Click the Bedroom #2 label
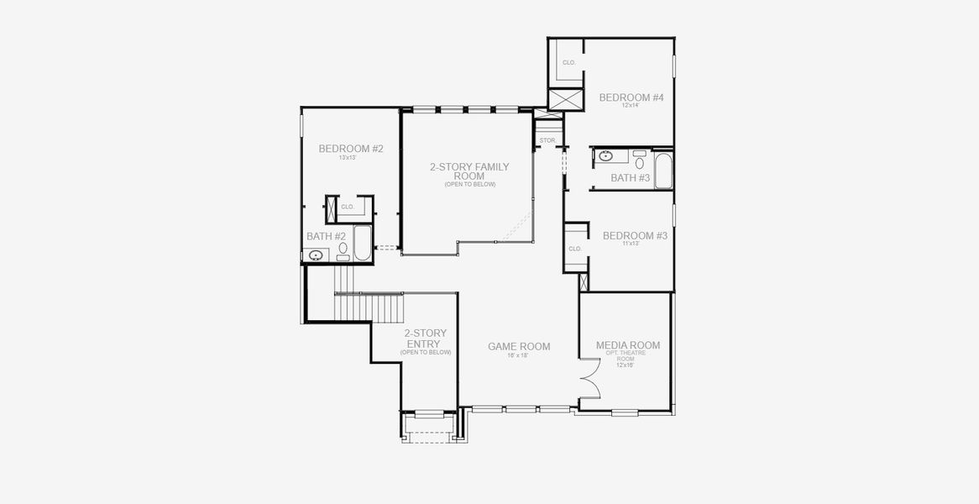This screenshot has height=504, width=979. (351, 149)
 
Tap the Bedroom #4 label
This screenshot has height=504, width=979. (631, 97)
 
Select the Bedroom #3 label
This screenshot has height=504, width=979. (635, 236)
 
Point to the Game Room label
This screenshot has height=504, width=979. (519, 346)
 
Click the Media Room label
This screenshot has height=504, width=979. (627, 345)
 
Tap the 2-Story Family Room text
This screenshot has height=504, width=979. (469, 171)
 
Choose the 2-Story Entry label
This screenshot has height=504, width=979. (426, 339)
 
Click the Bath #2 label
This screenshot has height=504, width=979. (326, 236)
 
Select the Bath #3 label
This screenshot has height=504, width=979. (630, 178)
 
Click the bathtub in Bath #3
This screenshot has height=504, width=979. (663, 170)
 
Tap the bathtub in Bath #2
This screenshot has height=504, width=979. (363, 243)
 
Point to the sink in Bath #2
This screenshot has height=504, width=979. (317, 255)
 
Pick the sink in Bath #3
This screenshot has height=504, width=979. (605, 155)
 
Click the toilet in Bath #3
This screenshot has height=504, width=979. (640, 161)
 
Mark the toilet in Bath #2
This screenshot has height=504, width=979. (343, 250)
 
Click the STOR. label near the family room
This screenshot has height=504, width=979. (547, 140)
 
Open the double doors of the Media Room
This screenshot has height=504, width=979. (590, 384)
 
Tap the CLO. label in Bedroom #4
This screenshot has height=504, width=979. (568, 63)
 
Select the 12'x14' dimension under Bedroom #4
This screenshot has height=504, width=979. (631, 106)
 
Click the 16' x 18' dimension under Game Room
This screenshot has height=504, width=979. (518, 355)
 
